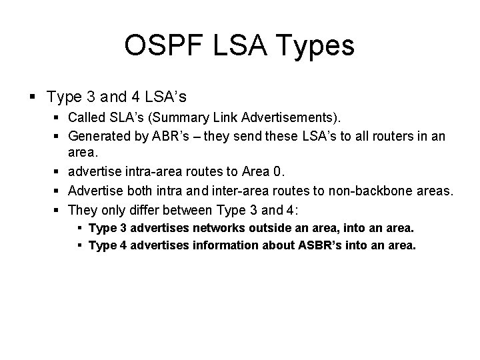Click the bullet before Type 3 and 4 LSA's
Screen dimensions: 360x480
click(x=33, y=97)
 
